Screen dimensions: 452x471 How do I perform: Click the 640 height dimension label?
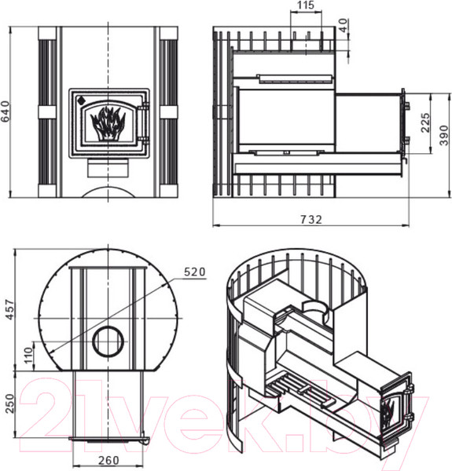(x=6, y=112)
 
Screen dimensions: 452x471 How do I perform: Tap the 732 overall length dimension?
(x=311, y=220)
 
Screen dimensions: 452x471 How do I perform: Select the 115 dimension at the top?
(x=306, y=5)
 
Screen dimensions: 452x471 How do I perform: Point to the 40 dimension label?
(x=344, y=26)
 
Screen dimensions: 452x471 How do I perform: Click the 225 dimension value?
(x=425, y=123)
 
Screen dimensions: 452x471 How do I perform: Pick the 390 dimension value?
(x=444, y=136)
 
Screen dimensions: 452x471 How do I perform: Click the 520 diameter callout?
(x=195, y=272)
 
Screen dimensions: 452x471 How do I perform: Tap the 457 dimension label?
(x=10, y=309)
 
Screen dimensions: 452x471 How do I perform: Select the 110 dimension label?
(x=29, y=356)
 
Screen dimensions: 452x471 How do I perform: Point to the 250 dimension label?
(x=10, y=403)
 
